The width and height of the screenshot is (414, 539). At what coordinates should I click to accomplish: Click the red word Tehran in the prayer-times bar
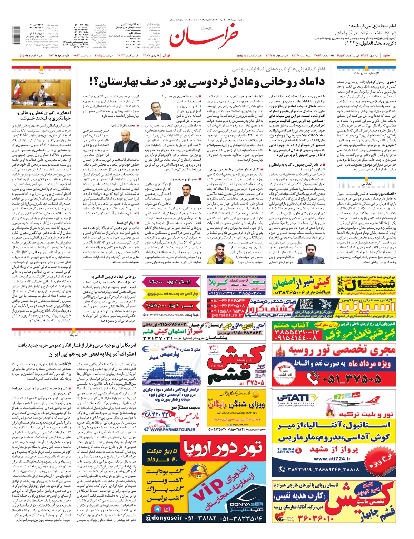tap(166, 55)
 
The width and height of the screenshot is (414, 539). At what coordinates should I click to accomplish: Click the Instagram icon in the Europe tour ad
tap(167, 509)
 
